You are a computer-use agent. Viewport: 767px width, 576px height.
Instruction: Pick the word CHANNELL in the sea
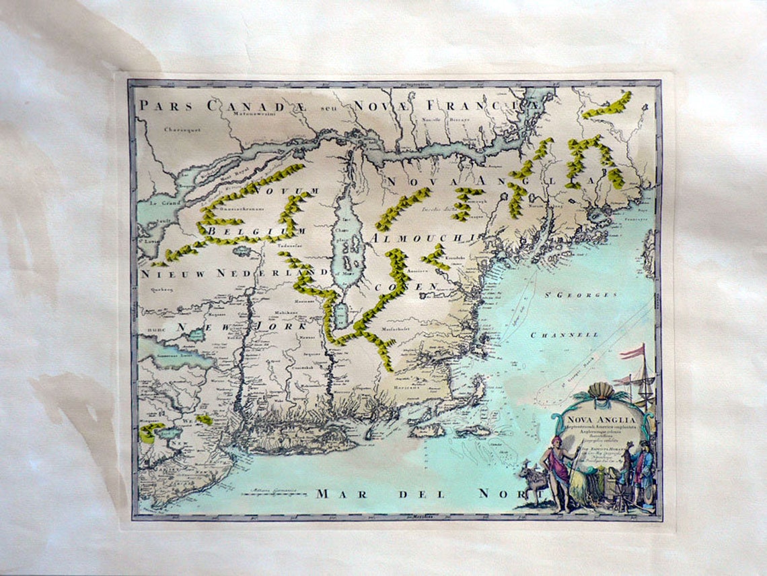point(564,335)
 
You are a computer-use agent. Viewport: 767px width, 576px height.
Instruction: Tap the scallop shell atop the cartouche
point(600,391)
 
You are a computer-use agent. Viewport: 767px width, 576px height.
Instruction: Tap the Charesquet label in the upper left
point(182,129)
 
